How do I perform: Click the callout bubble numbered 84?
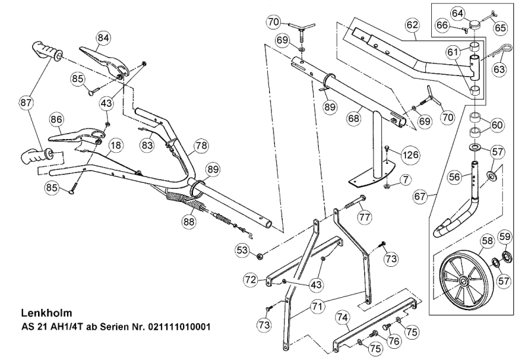[102, 37]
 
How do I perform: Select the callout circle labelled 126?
[410, 155]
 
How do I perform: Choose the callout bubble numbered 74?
[342, 316]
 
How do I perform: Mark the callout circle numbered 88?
[189, 223]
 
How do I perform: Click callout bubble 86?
[56, 120]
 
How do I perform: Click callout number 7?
[406, 178]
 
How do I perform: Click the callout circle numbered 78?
[201, 144]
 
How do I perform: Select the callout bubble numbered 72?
[250, 279]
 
